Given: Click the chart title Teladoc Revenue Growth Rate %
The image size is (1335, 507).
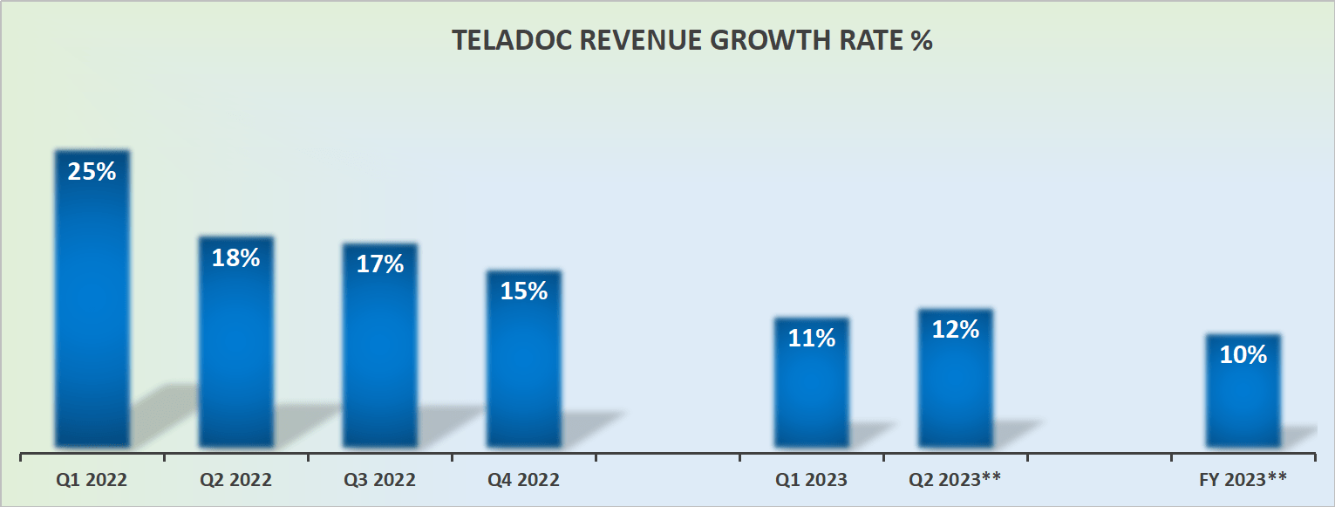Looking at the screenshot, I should pos(691,41).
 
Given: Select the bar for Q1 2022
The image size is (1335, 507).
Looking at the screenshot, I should pos(92,305).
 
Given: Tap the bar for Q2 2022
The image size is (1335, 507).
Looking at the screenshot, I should pos(235,349).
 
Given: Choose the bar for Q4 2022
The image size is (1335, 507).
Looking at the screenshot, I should pos(523,367).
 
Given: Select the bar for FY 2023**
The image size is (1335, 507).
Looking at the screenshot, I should pos(1243,397).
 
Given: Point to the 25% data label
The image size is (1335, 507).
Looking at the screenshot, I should pos(92,172).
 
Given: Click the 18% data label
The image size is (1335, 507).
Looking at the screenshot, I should pos(235,258).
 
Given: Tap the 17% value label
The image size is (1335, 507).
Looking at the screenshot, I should pos(379,264).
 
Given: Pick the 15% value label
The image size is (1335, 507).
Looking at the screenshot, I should pos(523,291).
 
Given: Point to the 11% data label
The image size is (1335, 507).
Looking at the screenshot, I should pos(811,339).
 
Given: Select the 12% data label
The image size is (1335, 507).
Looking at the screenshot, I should pos(955,330).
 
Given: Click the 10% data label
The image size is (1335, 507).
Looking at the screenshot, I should pos(1243,355).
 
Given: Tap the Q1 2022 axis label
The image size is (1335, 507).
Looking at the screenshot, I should pos(92,480).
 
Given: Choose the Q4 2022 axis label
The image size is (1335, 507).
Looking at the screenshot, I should pos(523,480).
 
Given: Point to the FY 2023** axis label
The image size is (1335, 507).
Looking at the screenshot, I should pos(1243,480).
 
